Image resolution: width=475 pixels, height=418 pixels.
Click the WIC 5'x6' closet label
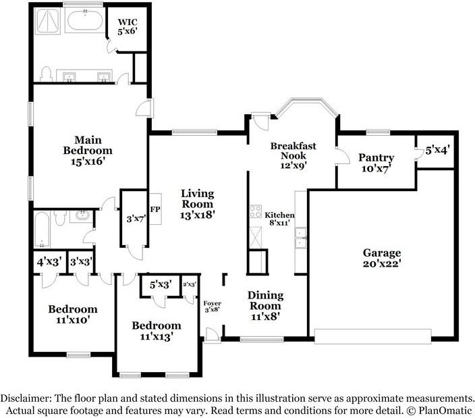point(128,26)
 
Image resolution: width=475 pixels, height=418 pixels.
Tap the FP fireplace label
point(155,209)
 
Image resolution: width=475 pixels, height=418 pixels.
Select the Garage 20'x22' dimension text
point(382,263)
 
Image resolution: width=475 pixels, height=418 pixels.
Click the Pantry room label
point(376,157)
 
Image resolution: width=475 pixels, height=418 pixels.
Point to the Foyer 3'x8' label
point(212,307)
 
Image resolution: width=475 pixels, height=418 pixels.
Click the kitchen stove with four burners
point(255,211)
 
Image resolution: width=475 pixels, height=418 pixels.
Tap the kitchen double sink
point(300,238)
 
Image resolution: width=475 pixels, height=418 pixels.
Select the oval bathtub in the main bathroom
point(85,20)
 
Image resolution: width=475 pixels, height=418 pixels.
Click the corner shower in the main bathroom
point(48,20)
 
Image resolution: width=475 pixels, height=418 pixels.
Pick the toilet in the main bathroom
point(46,74)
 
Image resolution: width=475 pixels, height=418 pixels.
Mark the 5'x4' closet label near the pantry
point(437,150)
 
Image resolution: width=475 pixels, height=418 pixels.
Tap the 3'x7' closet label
point(136,218)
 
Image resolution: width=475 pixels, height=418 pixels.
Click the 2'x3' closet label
point(190,284)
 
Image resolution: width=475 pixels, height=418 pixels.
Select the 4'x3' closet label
point(49,261)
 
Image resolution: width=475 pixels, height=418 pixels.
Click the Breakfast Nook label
point(293,151)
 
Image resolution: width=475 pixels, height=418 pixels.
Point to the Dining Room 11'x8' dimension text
point(265,317)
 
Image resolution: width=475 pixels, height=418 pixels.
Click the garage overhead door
point(372,336)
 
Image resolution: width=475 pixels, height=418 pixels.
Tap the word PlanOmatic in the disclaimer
point(445,411)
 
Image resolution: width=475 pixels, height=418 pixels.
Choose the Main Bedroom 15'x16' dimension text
point(88,161)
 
